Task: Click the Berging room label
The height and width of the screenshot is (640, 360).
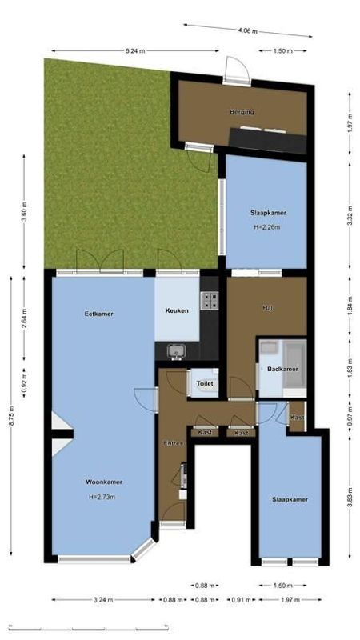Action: pos(242,112)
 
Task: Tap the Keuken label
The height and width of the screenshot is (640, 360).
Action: pos(177,310)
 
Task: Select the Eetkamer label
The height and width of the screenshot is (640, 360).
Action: pos(98,314)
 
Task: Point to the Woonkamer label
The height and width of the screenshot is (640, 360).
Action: pos(104,482)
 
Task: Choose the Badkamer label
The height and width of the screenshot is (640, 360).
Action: pos(282,370)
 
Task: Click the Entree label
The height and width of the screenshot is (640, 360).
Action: pos(174,443)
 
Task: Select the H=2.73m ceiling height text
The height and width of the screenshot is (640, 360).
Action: pos(102,497)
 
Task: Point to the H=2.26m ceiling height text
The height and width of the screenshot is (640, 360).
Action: pos(267,226)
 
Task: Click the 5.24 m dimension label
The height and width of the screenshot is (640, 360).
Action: pos(135,50)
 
